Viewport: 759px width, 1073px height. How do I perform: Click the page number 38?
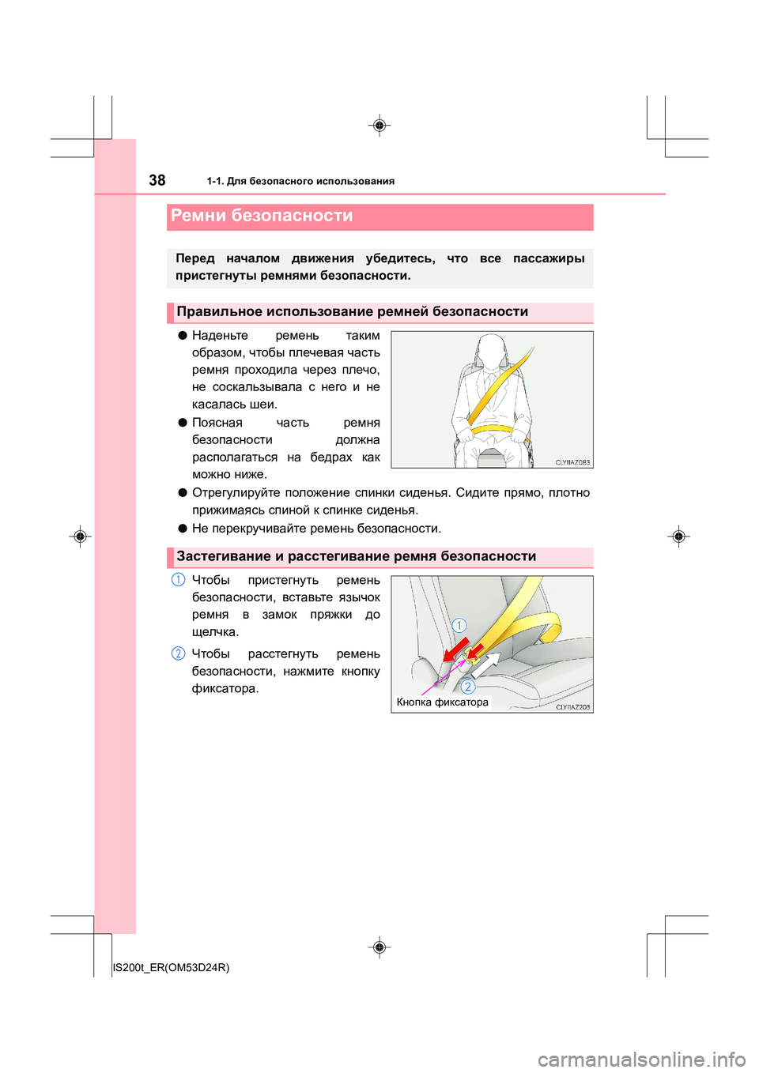(x=157, y=180)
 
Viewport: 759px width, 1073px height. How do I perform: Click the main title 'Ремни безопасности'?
(x=262, y=216)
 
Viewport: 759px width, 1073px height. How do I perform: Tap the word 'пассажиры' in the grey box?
(x=549, y=258)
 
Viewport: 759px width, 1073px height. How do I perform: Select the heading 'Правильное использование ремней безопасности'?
(x=352, y=312)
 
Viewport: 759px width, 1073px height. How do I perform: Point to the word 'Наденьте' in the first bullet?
(x=220, y=336)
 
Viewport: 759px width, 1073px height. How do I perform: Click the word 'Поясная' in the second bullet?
(x=217, y=423)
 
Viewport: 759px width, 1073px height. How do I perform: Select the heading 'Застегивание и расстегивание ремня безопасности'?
(x=356, y=556)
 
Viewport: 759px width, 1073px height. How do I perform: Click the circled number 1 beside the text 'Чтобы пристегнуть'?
(x=179, y=580)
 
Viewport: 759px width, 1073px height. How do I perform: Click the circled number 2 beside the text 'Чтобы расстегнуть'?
(x=179, y=653)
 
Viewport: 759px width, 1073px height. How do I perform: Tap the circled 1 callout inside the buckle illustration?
(x=459, y=626)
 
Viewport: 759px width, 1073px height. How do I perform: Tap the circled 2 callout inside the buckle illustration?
(x=467, y=687)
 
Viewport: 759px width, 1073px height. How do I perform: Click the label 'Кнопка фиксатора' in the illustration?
(x=442, y=702)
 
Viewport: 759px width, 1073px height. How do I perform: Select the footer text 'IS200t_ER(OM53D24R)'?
(x=171, y=967)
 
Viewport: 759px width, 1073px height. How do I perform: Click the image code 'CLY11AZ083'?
(x=572, y=462)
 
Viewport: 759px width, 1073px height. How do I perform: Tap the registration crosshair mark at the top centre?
(x=379, y=126)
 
